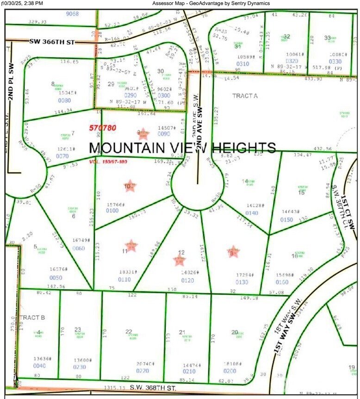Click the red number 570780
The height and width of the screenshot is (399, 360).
(102, 127)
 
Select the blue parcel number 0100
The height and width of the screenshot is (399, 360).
(112, 211)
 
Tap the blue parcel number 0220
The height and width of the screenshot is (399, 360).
(142, 371)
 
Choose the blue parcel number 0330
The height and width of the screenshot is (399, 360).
(335, 61)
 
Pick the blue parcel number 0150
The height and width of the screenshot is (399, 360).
(286, 219)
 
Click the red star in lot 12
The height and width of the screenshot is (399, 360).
(179, 260)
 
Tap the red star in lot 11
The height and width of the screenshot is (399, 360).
(131, 245)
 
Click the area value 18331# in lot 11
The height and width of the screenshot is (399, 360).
(128, 272)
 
